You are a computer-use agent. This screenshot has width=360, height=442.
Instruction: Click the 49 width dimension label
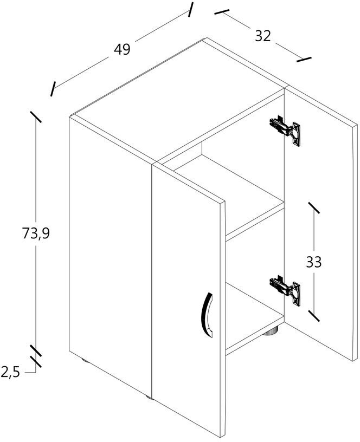123,49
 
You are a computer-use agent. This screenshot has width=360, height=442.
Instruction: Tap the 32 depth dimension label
262,36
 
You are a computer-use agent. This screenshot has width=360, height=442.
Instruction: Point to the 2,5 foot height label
11,373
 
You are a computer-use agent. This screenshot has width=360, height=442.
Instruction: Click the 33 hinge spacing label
313,262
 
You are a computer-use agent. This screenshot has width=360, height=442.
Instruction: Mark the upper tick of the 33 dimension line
314,208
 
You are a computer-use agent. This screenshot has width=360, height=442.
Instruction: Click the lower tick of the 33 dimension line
314,316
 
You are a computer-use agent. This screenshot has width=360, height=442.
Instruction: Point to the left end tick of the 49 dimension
53,89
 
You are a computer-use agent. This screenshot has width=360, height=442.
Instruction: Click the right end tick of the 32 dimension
305,58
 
